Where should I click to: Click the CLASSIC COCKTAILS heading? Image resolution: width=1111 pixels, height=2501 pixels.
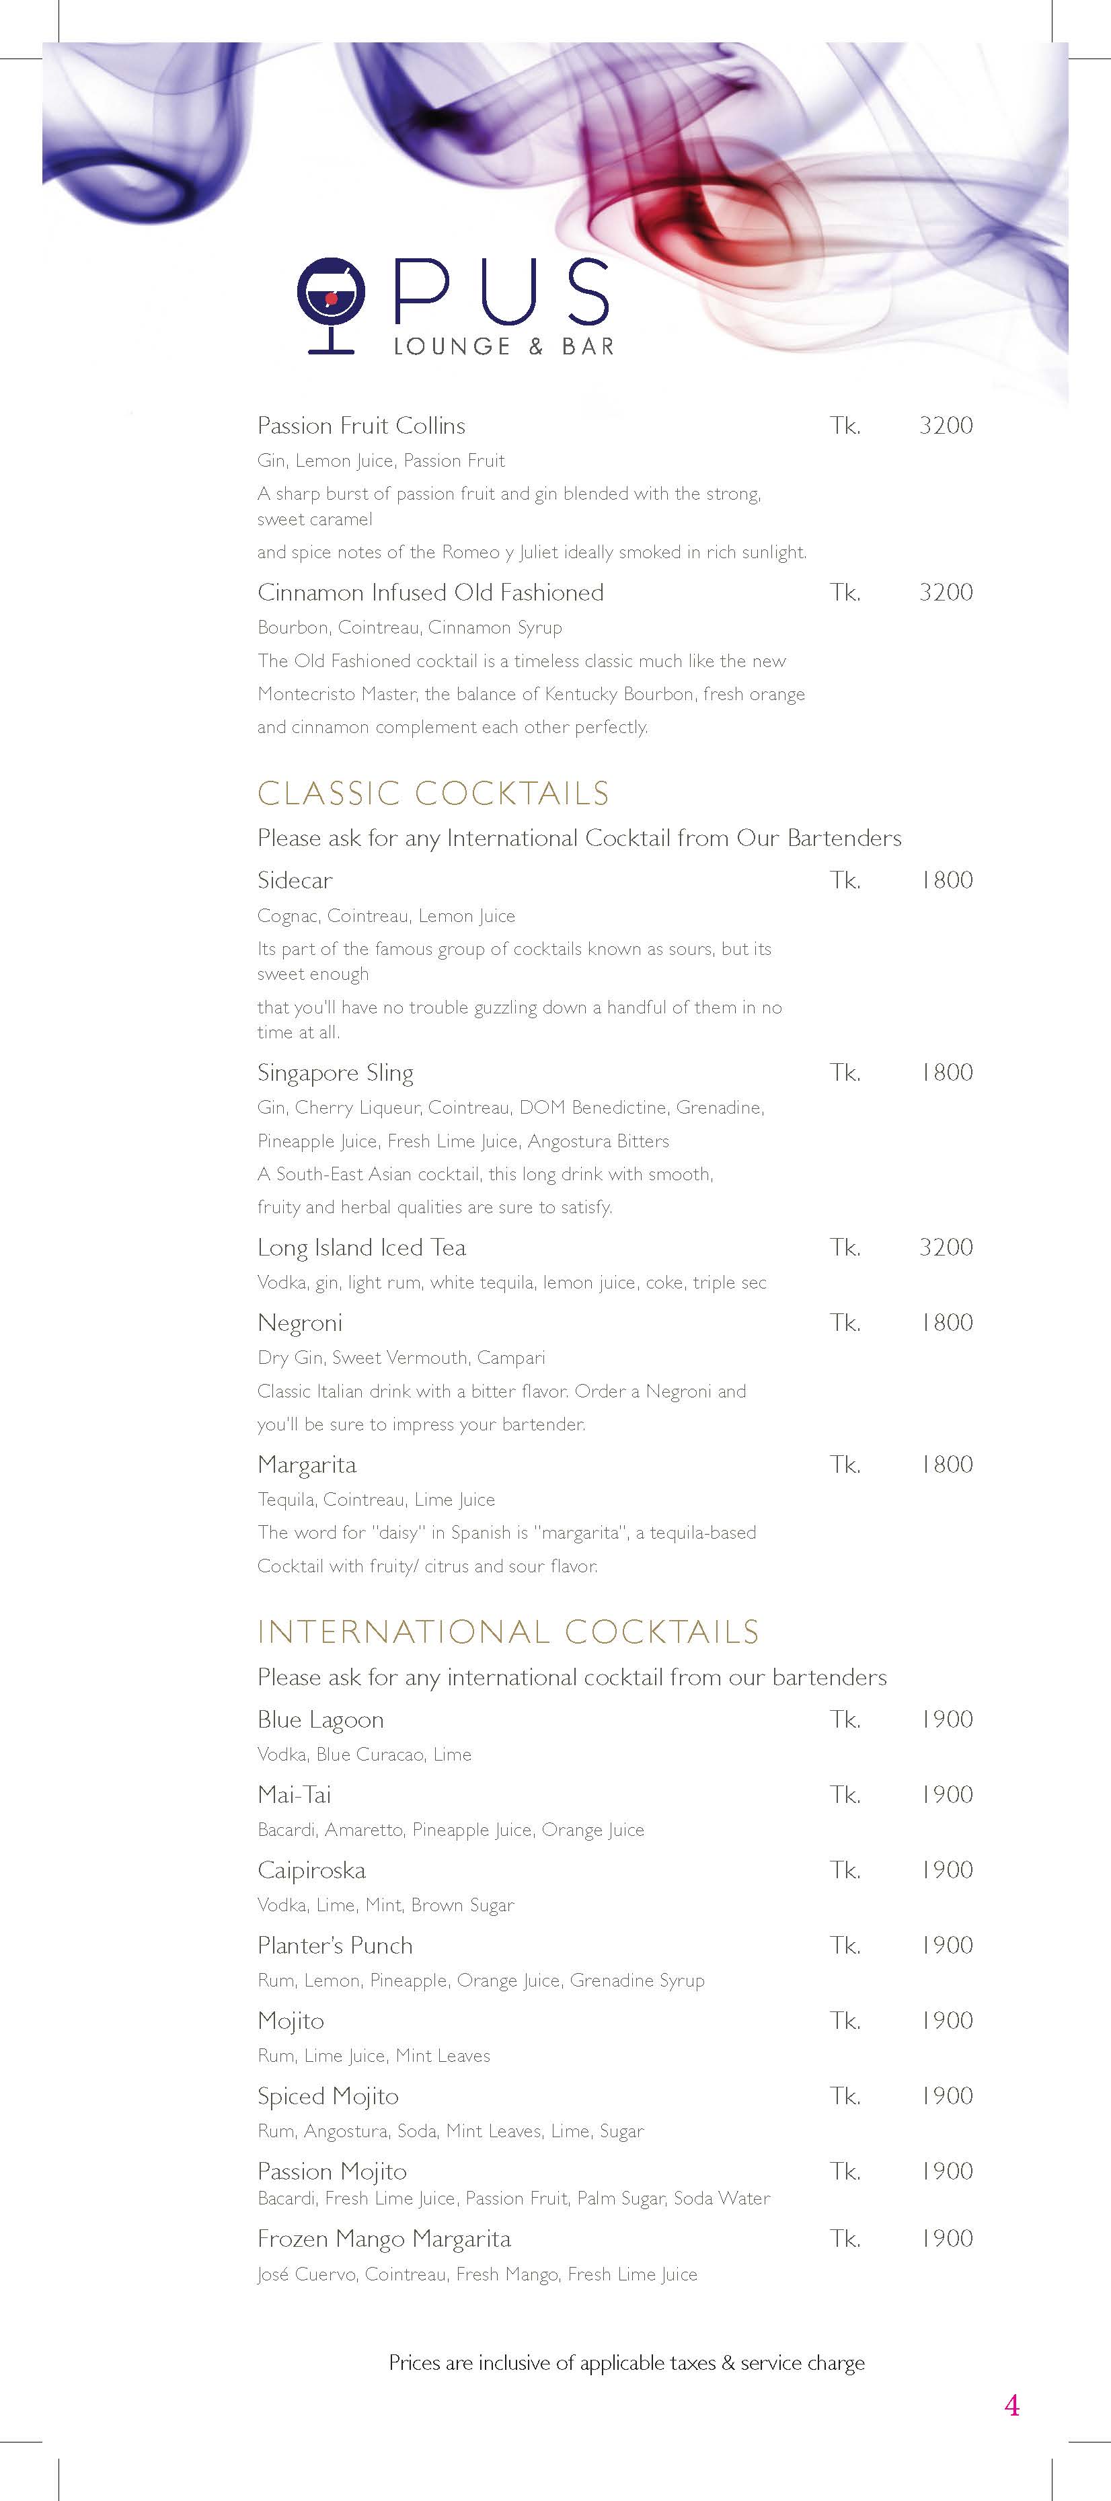coord(433,794)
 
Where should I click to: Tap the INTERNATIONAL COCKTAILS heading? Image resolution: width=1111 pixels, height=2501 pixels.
coord(508,1632)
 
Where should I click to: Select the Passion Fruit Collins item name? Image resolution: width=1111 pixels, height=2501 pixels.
coord(361,425)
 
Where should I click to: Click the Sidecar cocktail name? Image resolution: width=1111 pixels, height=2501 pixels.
coord(295,880)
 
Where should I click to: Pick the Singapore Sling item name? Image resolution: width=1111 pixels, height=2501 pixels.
coord(335,1073)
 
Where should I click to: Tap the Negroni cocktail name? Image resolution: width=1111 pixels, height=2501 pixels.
coord(300,1323)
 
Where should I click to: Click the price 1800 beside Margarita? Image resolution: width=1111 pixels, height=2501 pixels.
coord(946,1464)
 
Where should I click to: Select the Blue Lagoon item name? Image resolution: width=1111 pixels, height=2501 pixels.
coord(321,1720)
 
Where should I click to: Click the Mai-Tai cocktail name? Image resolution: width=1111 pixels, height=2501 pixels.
coord(295,1795)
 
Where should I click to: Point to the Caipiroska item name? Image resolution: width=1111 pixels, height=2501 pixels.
coord(312,1870)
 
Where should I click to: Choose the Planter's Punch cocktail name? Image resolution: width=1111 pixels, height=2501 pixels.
coord(335,1946)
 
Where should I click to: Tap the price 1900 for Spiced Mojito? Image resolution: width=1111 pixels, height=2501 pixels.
coord(946,2096)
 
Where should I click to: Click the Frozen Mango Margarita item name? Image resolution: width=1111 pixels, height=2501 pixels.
coord(383,2239)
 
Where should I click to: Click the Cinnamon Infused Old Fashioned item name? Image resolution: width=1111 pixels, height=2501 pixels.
coord(430,592)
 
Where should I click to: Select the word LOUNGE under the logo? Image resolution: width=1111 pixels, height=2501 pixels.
coord(451,346)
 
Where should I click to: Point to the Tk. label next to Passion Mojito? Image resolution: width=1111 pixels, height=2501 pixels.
coord(845,2172)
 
